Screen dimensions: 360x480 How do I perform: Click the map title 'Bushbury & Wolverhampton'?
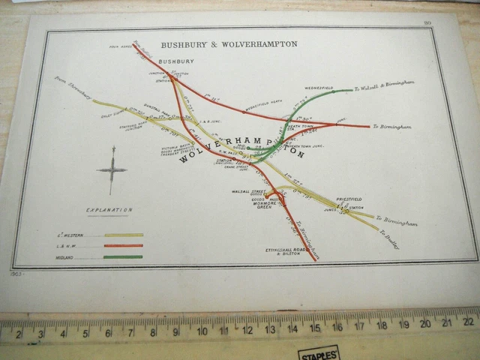tap(229, 44)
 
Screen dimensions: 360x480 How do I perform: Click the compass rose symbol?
tap(112, 169)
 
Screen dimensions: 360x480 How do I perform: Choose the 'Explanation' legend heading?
tap(109, 210)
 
